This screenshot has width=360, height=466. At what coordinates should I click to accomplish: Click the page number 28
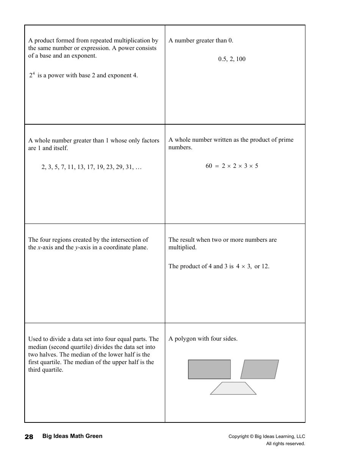click(x=29, y=437)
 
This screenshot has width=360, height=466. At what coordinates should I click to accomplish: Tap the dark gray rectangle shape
click(x=209, y=369)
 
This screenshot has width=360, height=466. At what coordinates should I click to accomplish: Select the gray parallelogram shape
click(x=260, y=369)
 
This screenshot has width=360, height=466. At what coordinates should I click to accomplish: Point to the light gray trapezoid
click(x=233, y=388)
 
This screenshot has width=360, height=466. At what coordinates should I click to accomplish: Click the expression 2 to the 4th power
click(x=32, y=75)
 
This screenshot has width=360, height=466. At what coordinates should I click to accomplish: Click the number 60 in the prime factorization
click(x=209, y=166)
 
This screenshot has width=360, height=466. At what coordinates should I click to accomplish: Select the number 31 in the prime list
click(x=129, y=167)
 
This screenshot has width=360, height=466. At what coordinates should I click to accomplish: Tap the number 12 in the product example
click(x=265, y=266)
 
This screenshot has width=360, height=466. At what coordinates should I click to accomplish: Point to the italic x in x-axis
click(x=39, y=248)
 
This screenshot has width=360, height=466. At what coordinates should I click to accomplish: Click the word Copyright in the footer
click(x=238, y=436)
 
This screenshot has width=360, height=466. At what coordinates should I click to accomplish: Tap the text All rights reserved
click(x=285, y=444)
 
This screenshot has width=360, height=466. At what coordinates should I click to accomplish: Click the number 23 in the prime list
click(x=110, y=167)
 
